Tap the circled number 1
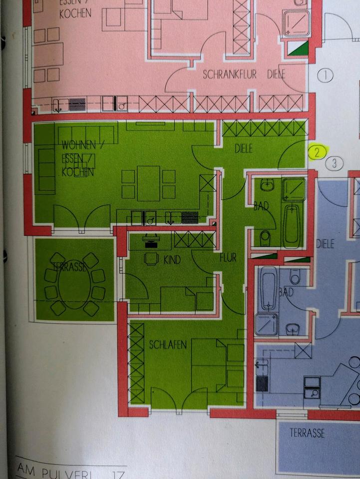325,76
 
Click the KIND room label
171,259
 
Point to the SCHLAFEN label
168,345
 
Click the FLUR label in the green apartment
227,258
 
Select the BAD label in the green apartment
261,206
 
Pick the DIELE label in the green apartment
244,148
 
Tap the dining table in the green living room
148,183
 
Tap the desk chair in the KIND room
150,258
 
